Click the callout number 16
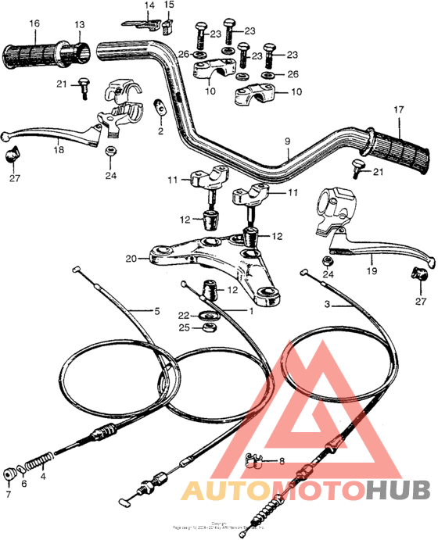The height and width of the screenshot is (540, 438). (34, 23)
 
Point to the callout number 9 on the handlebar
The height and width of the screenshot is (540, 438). (287, 141)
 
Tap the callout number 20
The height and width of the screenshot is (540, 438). (131, 257)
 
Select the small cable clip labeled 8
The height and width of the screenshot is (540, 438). (253, 460)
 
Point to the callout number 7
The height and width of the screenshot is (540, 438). (9, 495)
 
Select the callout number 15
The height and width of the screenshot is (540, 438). (169, 6)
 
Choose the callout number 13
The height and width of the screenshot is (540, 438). (79, 24)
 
